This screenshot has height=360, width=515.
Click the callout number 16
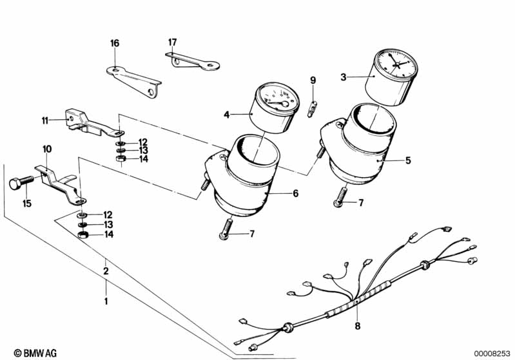click(x=115, y=43)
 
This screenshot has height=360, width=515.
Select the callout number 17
click(x=172, y=42)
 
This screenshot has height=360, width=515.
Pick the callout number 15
click(x=26, y=204)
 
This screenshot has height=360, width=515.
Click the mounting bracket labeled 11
click(x=90, y=123)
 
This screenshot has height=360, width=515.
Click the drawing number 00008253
click(x=492, y=352)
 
